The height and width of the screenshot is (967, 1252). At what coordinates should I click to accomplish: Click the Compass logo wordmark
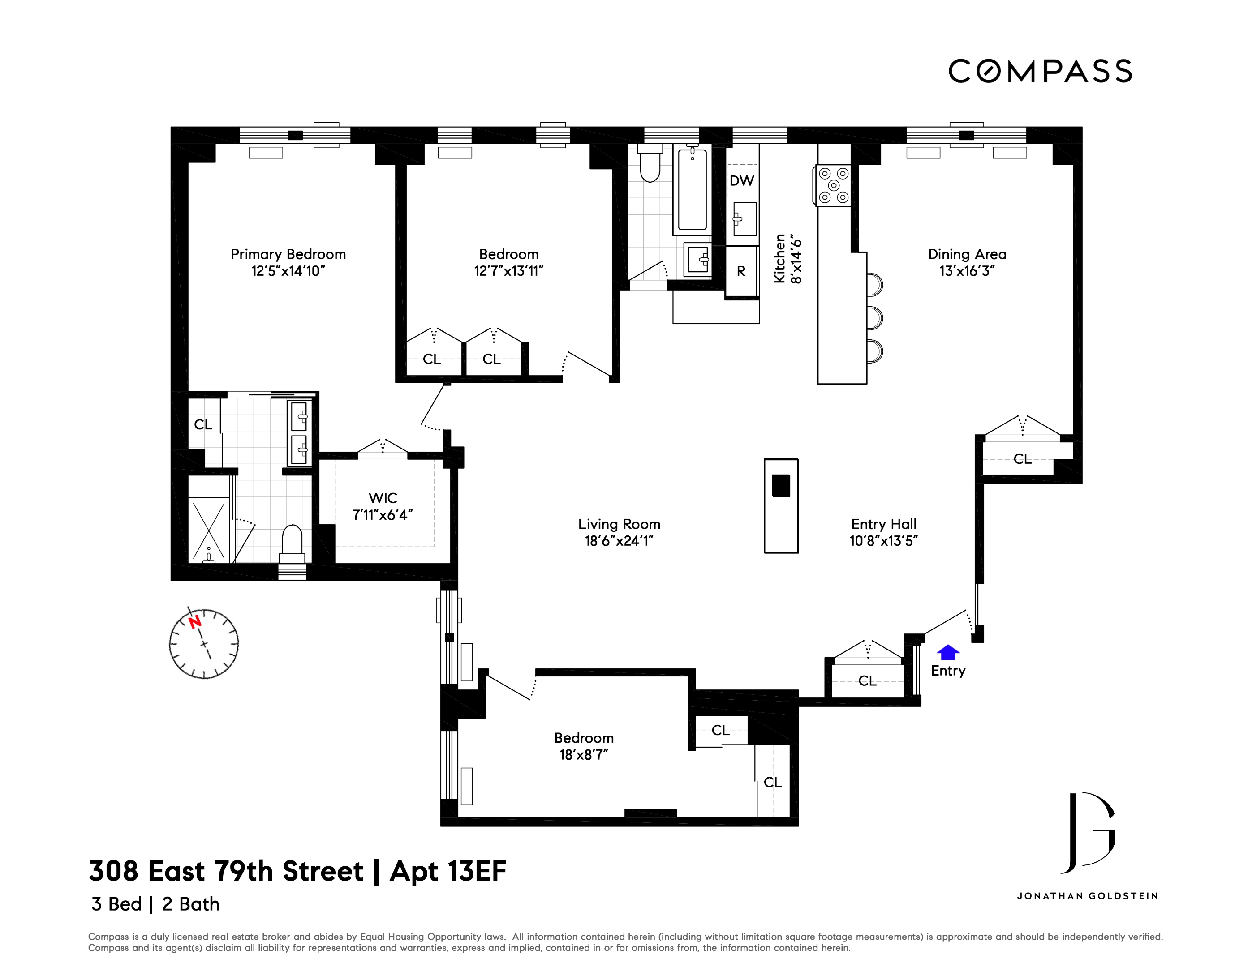(x=1040, y=72)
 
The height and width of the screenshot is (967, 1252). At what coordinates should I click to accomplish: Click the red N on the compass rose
(x=195, y=621)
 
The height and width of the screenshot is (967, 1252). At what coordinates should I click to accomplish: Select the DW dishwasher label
(x=741, y=181)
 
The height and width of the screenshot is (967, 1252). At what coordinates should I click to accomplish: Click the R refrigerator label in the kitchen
(x=741, y=272)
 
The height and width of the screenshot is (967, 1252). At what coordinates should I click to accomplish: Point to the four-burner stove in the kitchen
(x=834, y=185)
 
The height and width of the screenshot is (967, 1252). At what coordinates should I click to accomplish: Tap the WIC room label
(x=383, y=498)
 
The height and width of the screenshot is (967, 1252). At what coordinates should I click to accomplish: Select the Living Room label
(x=619, y=524)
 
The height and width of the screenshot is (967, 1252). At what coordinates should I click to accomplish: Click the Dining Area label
(x=967, y=254)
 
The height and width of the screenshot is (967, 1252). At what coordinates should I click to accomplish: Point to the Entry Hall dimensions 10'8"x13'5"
(x=883, y=541)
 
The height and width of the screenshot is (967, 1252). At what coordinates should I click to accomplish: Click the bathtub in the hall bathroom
(x=692, y=189)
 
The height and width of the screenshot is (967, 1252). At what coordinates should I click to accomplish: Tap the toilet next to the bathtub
(x=650, y=164)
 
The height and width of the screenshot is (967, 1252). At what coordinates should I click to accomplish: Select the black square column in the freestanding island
(x=781, y=486)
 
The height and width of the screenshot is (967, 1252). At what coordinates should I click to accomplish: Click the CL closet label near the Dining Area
(x=1022, y=459)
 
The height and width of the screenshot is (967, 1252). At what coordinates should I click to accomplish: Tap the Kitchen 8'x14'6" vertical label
(x=787, y=258)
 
